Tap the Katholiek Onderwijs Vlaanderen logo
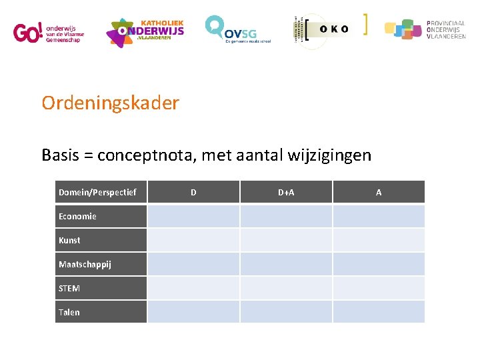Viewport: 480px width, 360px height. pyautogui.click(x=145, y=32)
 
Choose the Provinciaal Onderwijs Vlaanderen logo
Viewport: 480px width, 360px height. pyautogui.click(x=425, y=30)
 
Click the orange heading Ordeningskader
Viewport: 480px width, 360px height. pyautogui.click(x=110, y=103)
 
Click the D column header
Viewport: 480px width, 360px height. pyautogui.click(x=193, y=192)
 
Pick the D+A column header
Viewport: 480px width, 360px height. pyautogui.click(x=286, y=192)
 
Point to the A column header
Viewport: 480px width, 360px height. pyautogui.click(x=379, y=192)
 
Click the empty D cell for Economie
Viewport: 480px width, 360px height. pyautogui.click(x=193, y=216)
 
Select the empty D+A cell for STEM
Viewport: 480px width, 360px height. pyautogui.click(x=286, y=288)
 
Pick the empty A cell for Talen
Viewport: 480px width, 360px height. pyautogui.click(x=379, y=312)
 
